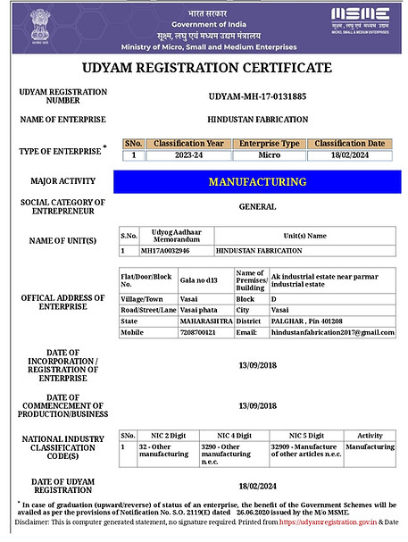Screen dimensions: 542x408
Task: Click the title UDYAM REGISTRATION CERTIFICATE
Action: (x=207, y=68)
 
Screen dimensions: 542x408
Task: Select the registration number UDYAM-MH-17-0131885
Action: (x=257, y=96)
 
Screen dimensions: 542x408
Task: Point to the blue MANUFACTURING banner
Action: (x=257, y=182)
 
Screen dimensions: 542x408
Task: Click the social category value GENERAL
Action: (x=257, y=206)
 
